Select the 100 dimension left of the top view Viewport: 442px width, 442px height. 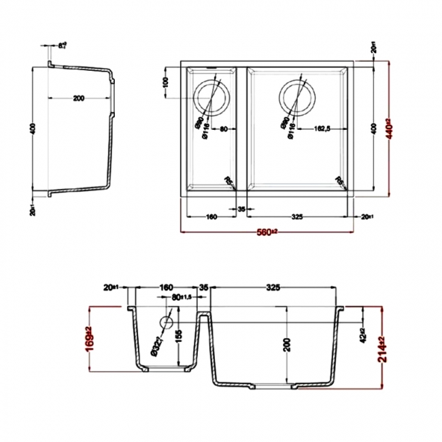tap(165, 85)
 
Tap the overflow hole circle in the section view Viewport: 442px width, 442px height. tap(165, 322)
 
